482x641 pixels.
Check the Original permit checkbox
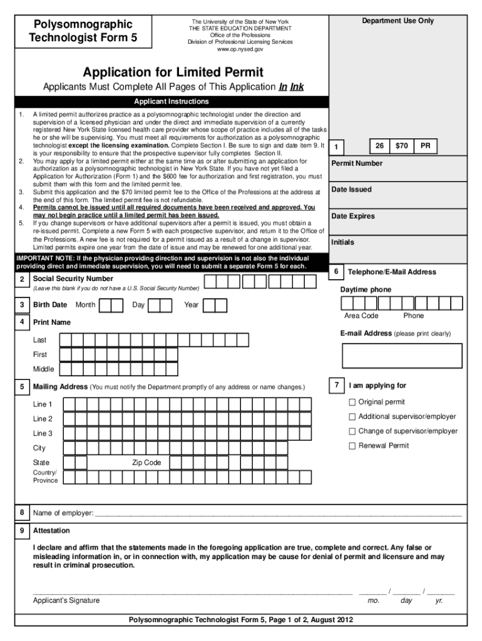tap(352, 402)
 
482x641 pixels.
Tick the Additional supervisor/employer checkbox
tap(352, 416)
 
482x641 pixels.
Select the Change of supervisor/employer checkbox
tap(352, 431)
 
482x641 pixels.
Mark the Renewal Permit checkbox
tap(352, 446)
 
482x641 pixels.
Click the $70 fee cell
tap(401, 146)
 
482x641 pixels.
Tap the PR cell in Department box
tap(425, 146)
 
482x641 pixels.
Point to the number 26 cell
tap(379, 146)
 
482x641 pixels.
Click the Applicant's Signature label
tap(66, 600)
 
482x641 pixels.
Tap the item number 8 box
tap(22, 513)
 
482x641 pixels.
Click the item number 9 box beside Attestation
tap(22, 530)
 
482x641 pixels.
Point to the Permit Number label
tap(356, 163)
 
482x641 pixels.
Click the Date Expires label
tap(353, 216)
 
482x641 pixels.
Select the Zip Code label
tap(146, 463)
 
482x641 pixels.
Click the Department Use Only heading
tap(397, 21)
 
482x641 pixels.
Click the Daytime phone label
tap(366, 290)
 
